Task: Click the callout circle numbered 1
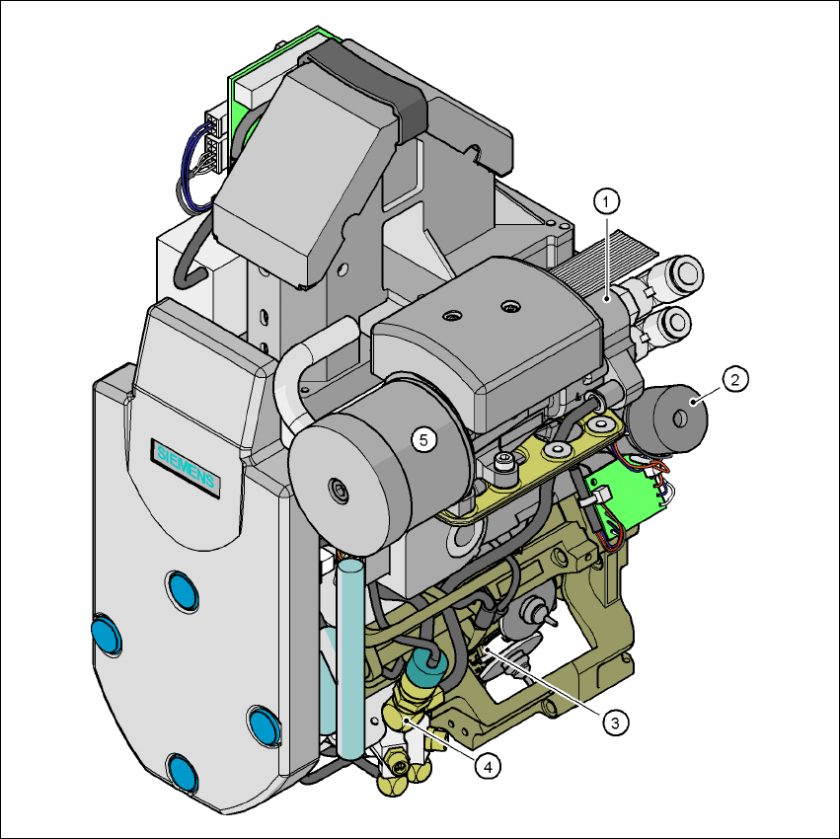[606, 202]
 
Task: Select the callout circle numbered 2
[735, 379]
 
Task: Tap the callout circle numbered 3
[615, 723]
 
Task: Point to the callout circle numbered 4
[488, 767]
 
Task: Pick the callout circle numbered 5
[423, 440]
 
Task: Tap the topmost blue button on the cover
[183, 591]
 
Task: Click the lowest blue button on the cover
[183, 773]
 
